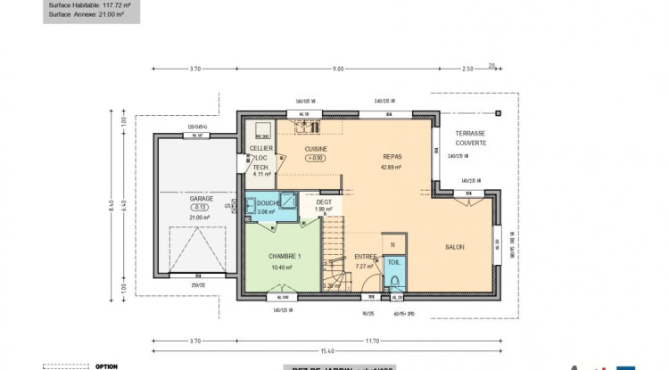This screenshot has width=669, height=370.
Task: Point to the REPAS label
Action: tap(392, 155)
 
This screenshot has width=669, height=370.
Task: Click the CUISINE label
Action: tap(316, 149)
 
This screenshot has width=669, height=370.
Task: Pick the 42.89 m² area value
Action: tap(392, 167)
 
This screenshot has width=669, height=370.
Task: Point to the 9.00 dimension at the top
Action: tap(338, 69)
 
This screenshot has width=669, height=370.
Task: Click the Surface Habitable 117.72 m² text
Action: tap(88, 4)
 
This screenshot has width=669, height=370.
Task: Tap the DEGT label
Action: tap(323, 201)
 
